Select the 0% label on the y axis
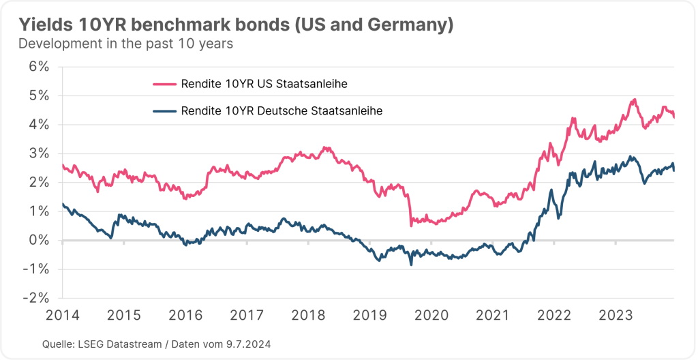(40, 240)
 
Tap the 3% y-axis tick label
(40, 153)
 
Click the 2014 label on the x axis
(61, 315)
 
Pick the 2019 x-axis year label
(369, 315)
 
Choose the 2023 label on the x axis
(616, 315)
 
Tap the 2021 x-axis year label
(493, 315)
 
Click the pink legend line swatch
(164, 84)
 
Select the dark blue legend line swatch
(164, 111)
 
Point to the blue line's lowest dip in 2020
(411, 264)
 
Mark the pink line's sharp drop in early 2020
(410, 211)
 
